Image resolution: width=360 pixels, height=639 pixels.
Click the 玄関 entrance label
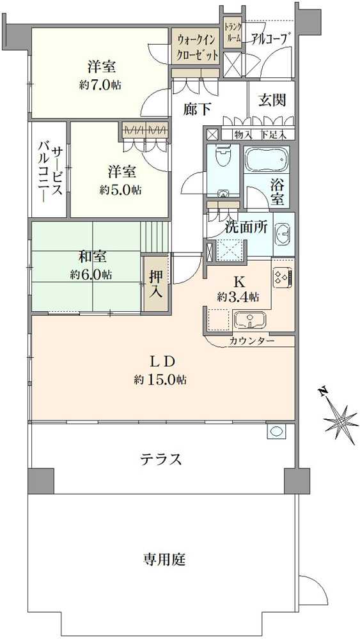(x=272, y=100)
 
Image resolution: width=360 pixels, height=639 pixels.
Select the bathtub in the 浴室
(x=267, y=158)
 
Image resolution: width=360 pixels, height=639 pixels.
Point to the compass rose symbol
(x=341, y=422)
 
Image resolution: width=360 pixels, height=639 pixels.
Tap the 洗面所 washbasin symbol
(x=283, y=235)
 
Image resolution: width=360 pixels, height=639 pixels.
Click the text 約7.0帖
(x=102, y=84)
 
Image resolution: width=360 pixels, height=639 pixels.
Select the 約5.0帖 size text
(x=120, y=190)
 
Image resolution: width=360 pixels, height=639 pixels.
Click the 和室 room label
(x=92, y=257)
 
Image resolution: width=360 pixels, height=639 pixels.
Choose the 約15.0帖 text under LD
(x=160, y=380)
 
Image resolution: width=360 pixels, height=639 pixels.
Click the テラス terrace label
(x=162, y=459)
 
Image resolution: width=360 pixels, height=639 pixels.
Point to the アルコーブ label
(x=269, y=38)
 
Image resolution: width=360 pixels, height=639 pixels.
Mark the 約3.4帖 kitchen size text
(x=238, y=296)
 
